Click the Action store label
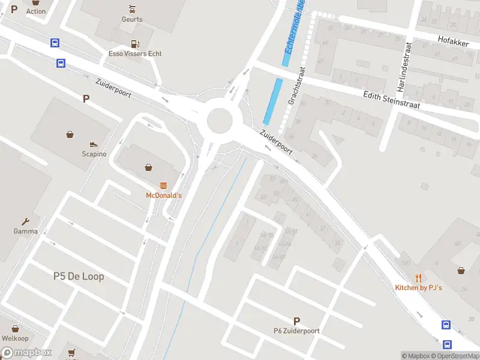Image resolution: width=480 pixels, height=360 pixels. (x=36, y=11)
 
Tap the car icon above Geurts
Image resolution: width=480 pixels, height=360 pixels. (x=132, y=9)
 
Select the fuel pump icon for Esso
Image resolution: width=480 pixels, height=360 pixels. (x=135, y=43)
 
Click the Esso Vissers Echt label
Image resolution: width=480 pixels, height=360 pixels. (x=135, y=53)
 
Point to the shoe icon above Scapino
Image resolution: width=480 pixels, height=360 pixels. (x=94, y=144)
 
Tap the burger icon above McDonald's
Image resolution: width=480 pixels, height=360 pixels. (x=163, y=185)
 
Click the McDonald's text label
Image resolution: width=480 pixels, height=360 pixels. (x=164, y=196)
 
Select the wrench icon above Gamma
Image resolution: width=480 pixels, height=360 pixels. (x=26, y=221)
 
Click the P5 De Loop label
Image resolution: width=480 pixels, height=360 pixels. (x=79, y=276)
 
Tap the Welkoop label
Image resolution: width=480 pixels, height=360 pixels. (x=15, y=338)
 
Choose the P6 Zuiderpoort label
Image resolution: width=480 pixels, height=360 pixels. (x=296, y=331)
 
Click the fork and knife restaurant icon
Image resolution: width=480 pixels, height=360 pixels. (x=419, y=278)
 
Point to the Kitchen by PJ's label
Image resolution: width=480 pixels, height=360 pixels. (x=418, y=288)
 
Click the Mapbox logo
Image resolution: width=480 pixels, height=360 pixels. (x=26, y=353)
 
